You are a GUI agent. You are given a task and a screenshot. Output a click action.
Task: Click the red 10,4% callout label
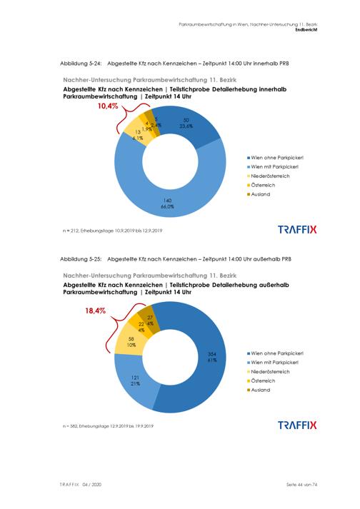pos(108,106)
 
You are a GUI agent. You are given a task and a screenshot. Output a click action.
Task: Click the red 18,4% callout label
pos(96,311)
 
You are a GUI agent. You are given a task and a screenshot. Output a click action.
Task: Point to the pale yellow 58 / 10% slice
pos(130,341)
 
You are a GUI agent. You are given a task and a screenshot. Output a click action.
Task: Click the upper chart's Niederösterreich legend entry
pos(269,176)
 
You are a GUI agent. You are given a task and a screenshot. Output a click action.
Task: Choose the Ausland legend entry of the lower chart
pos(259,390)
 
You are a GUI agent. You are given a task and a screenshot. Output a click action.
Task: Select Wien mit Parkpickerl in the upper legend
pos(273,167)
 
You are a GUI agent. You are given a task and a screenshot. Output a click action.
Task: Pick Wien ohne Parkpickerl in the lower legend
pos(275,353)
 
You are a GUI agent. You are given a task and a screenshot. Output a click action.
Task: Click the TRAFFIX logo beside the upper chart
pos(297,229)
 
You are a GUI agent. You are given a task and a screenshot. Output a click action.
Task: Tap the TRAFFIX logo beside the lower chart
pos(297,425)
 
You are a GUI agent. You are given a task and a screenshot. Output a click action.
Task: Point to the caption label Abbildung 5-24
pos(81,64)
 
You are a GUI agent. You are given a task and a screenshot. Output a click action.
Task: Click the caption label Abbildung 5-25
pos(81,259)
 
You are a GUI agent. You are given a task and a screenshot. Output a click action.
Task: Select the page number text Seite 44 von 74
pos(302,484)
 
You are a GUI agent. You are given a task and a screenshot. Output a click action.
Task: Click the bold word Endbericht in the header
pos(306,29)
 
